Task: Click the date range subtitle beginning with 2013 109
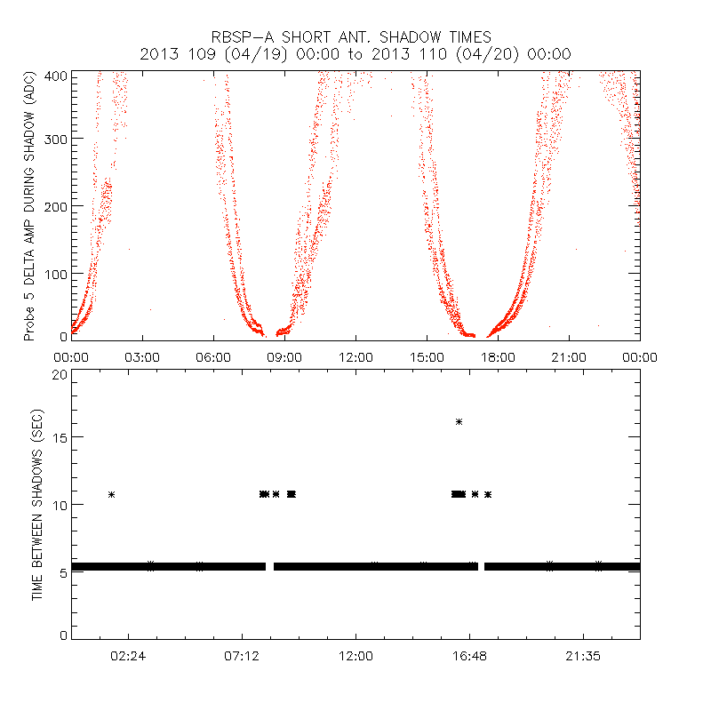tap(355, 54)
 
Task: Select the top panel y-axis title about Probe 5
tap(29, 206)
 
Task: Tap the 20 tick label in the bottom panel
tap(60, 375)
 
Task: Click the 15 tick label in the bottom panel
tap(60, 438)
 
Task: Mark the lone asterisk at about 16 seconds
tap(459, 421)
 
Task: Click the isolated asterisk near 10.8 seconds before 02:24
tap(112, 494)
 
